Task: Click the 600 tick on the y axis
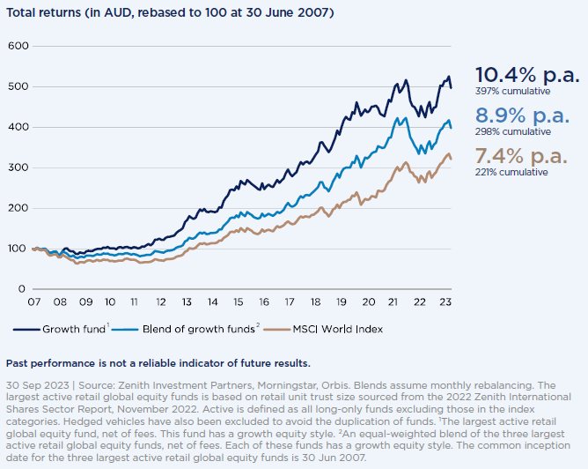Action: point(17,46)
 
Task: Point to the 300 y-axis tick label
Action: point(17,167)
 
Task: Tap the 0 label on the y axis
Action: point(22,289)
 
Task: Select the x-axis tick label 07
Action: point(33,302)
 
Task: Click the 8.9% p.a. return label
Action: point(520,115)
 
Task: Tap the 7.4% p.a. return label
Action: point(520,156)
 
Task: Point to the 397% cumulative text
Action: point(513,91)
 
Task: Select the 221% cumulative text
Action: point(511,172)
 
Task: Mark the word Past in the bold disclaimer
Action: point(18,363)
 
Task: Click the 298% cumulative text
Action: point(513,131)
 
